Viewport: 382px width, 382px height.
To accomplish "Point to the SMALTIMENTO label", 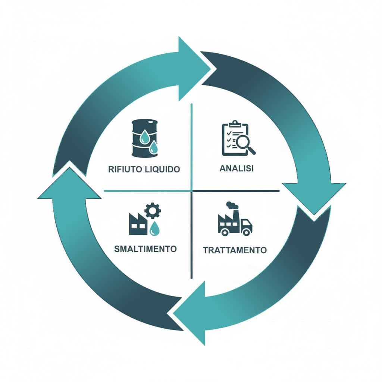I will point(145,248).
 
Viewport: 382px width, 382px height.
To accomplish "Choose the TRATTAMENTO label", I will point(235,250).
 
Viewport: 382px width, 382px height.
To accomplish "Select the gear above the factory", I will point(152,210).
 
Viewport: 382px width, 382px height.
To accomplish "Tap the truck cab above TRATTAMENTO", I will point(246,226).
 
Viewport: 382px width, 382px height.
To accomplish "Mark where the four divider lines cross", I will point(191,191).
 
